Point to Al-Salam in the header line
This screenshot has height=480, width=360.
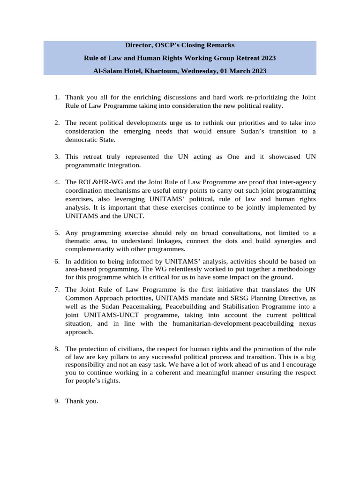107,71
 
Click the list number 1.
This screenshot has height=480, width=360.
56,97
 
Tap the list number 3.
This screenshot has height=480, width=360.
56,157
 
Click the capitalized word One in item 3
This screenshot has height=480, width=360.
233,157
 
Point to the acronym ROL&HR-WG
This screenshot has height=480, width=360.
97,182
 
